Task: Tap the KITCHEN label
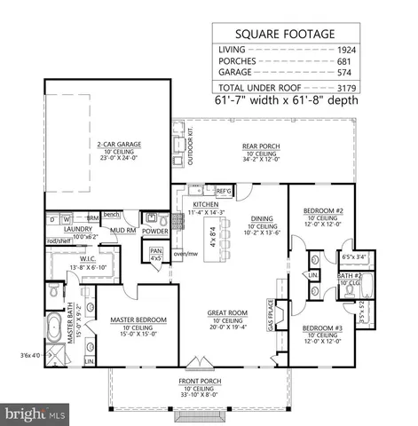click(x=205, y=203)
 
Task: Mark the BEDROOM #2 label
click(x=316, y=209)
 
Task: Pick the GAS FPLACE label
click(x=271, y=313)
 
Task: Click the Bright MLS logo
click(x=34, y=414)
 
